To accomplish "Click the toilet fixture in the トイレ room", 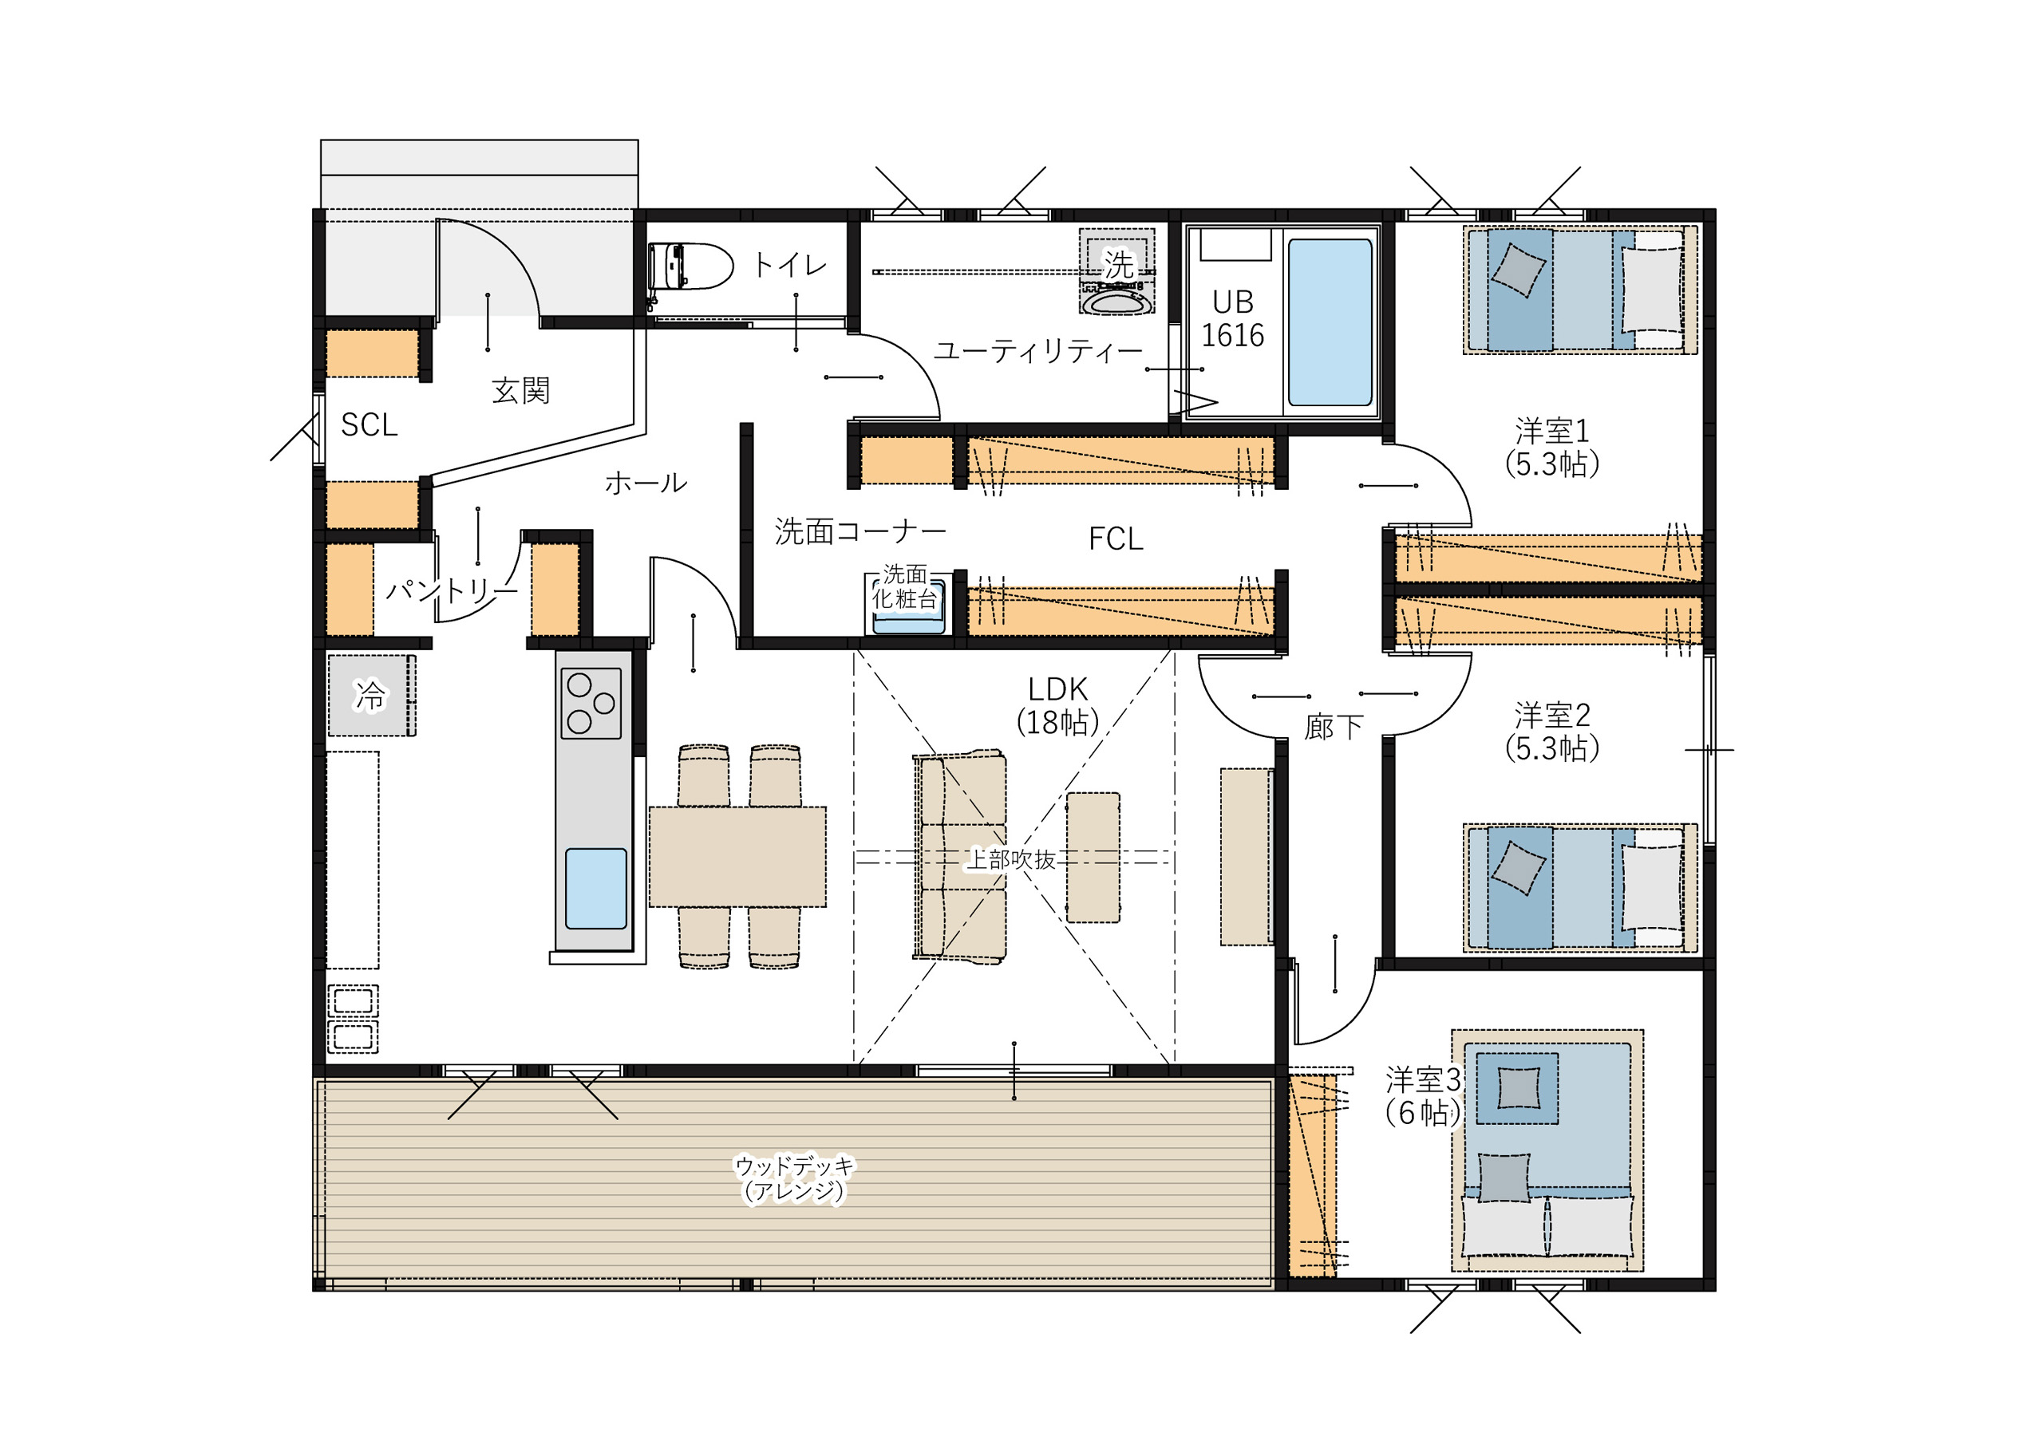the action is (x=690, y=266).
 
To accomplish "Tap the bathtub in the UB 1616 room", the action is (x=1330, y=322).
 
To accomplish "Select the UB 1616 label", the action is (x=1232, y=318).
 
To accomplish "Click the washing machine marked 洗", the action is (x=1116, y=271).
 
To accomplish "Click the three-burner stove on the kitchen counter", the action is (x=591, y=703).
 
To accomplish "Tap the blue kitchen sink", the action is (x=596, y=889).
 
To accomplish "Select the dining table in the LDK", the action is (x=737, y=857).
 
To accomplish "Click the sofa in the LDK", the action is (x=959, y=857).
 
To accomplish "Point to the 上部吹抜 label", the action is (x=1011, y=859).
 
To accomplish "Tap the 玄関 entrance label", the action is (x=520, y=391).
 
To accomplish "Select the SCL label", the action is (x=369, y=425).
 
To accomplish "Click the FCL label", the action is (x=1116, y=539).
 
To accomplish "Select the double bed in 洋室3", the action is (x=1547, y=1150).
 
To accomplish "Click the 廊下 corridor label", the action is (x=1334, y=727).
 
